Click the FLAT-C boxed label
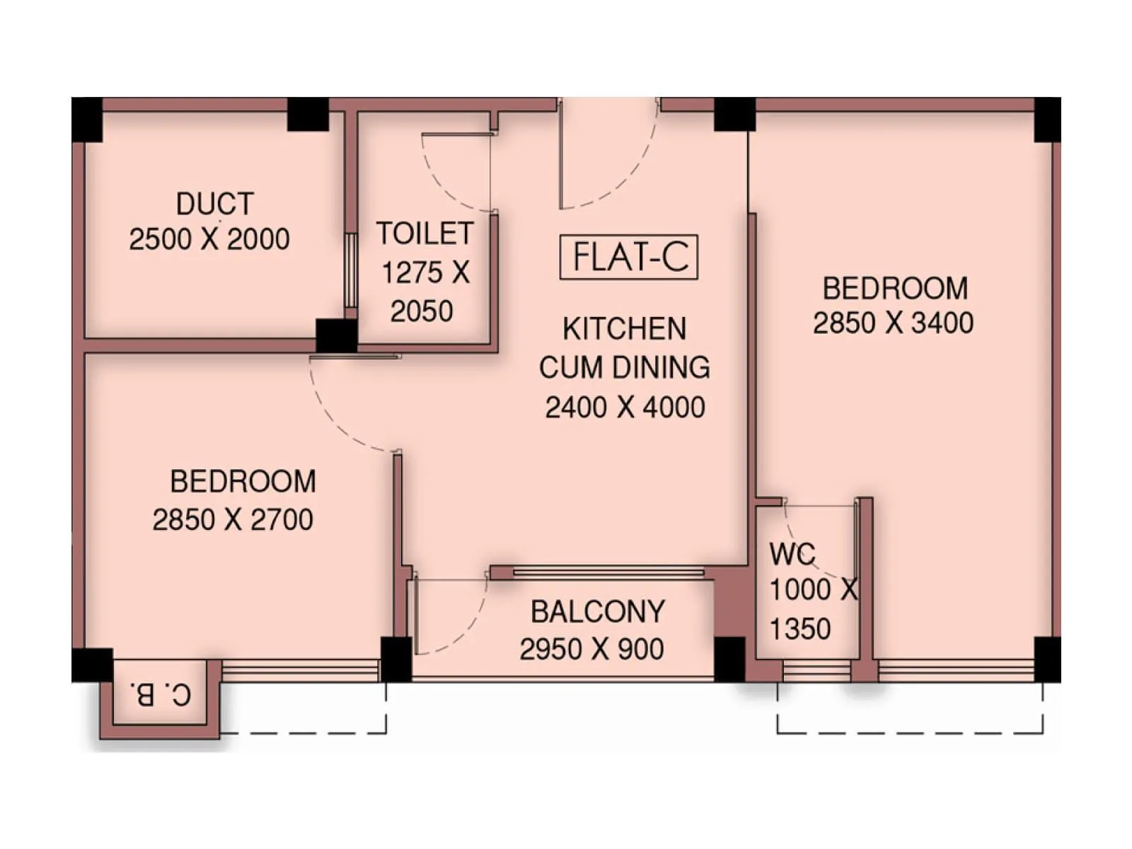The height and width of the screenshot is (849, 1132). point(628,257)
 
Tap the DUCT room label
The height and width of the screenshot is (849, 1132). point(214,204)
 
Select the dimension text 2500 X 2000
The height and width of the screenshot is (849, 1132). point(209,239)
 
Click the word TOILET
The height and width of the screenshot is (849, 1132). point(424,233)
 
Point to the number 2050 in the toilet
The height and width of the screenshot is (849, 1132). point(422,311)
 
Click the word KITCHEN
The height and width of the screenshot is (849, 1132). point(624,329)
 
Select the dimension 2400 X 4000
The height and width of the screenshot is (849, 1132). point(625,408)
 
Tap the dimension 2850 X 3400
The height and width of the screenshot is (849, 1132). point(893,323)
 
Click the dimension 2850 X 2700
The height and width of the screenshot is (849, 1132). point(233,520)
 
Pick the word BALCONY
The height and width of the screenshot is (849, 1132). point(598,612)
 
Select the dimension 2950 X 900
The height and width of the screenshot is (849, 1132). point(591,649)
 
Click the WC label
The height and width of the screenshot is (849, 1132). point(792,555)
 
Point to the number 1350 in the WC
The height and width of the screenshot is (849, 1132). point(800,629)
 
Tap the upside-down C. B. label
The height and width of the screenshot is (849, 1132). point(161,694)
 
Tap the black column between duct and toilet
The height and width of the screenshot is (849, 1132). point(336,335)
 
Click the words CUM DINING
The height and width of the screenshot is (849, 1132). point(624,368)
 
